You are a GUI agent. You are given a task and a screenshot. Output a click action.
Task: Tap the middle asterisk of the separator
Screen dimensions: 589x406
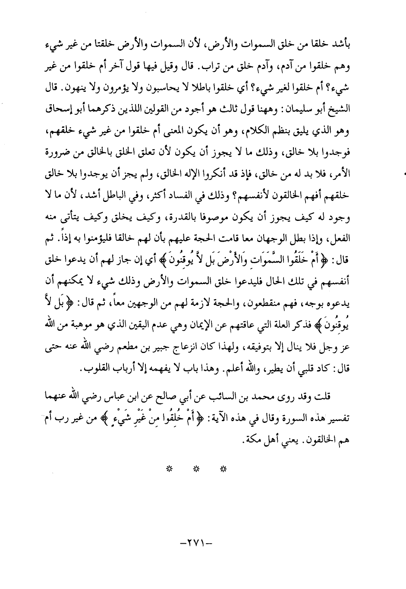click(x=196, y=467)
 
